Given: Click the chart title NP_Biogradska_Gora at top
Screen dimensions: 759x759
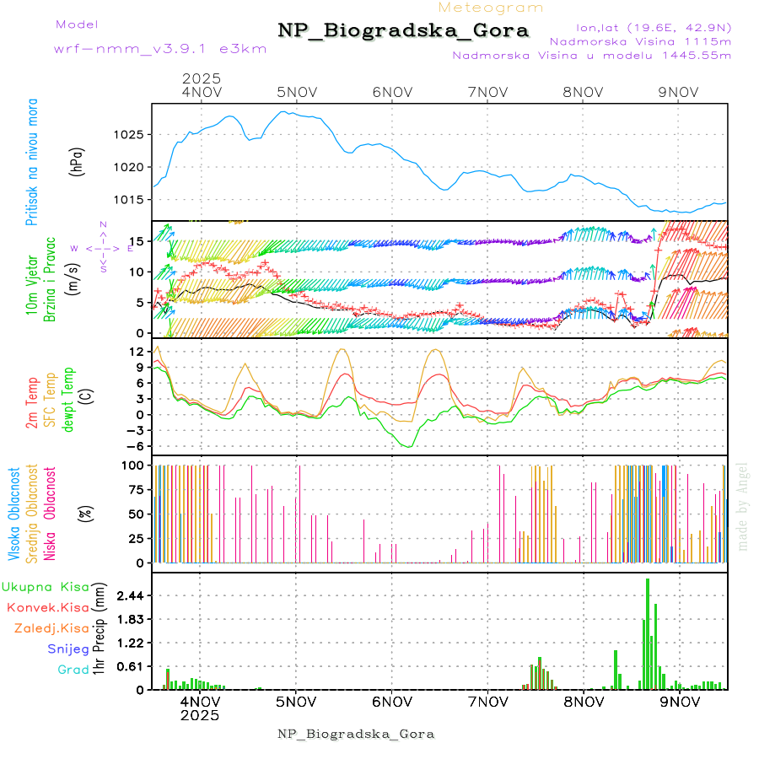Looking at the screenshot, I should coord(404,31).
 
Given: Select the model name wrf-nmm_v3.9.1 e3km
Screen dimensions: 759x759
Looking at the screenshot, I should coord(160,48).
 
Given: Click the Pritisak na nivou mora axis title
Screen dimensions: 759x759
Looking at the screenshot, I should coord(31,161).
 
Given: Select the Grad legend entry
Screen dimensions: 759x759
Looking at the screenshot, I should coord(73,670).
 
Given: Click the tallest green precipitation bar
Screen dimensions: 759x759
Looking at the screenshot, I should coord(648,633).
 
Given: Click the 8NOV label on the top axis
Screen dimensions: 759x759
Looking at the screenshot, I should coord(583,91).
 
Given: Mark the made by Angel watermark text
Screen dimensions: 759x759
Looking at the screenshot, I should coord(743,506).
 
